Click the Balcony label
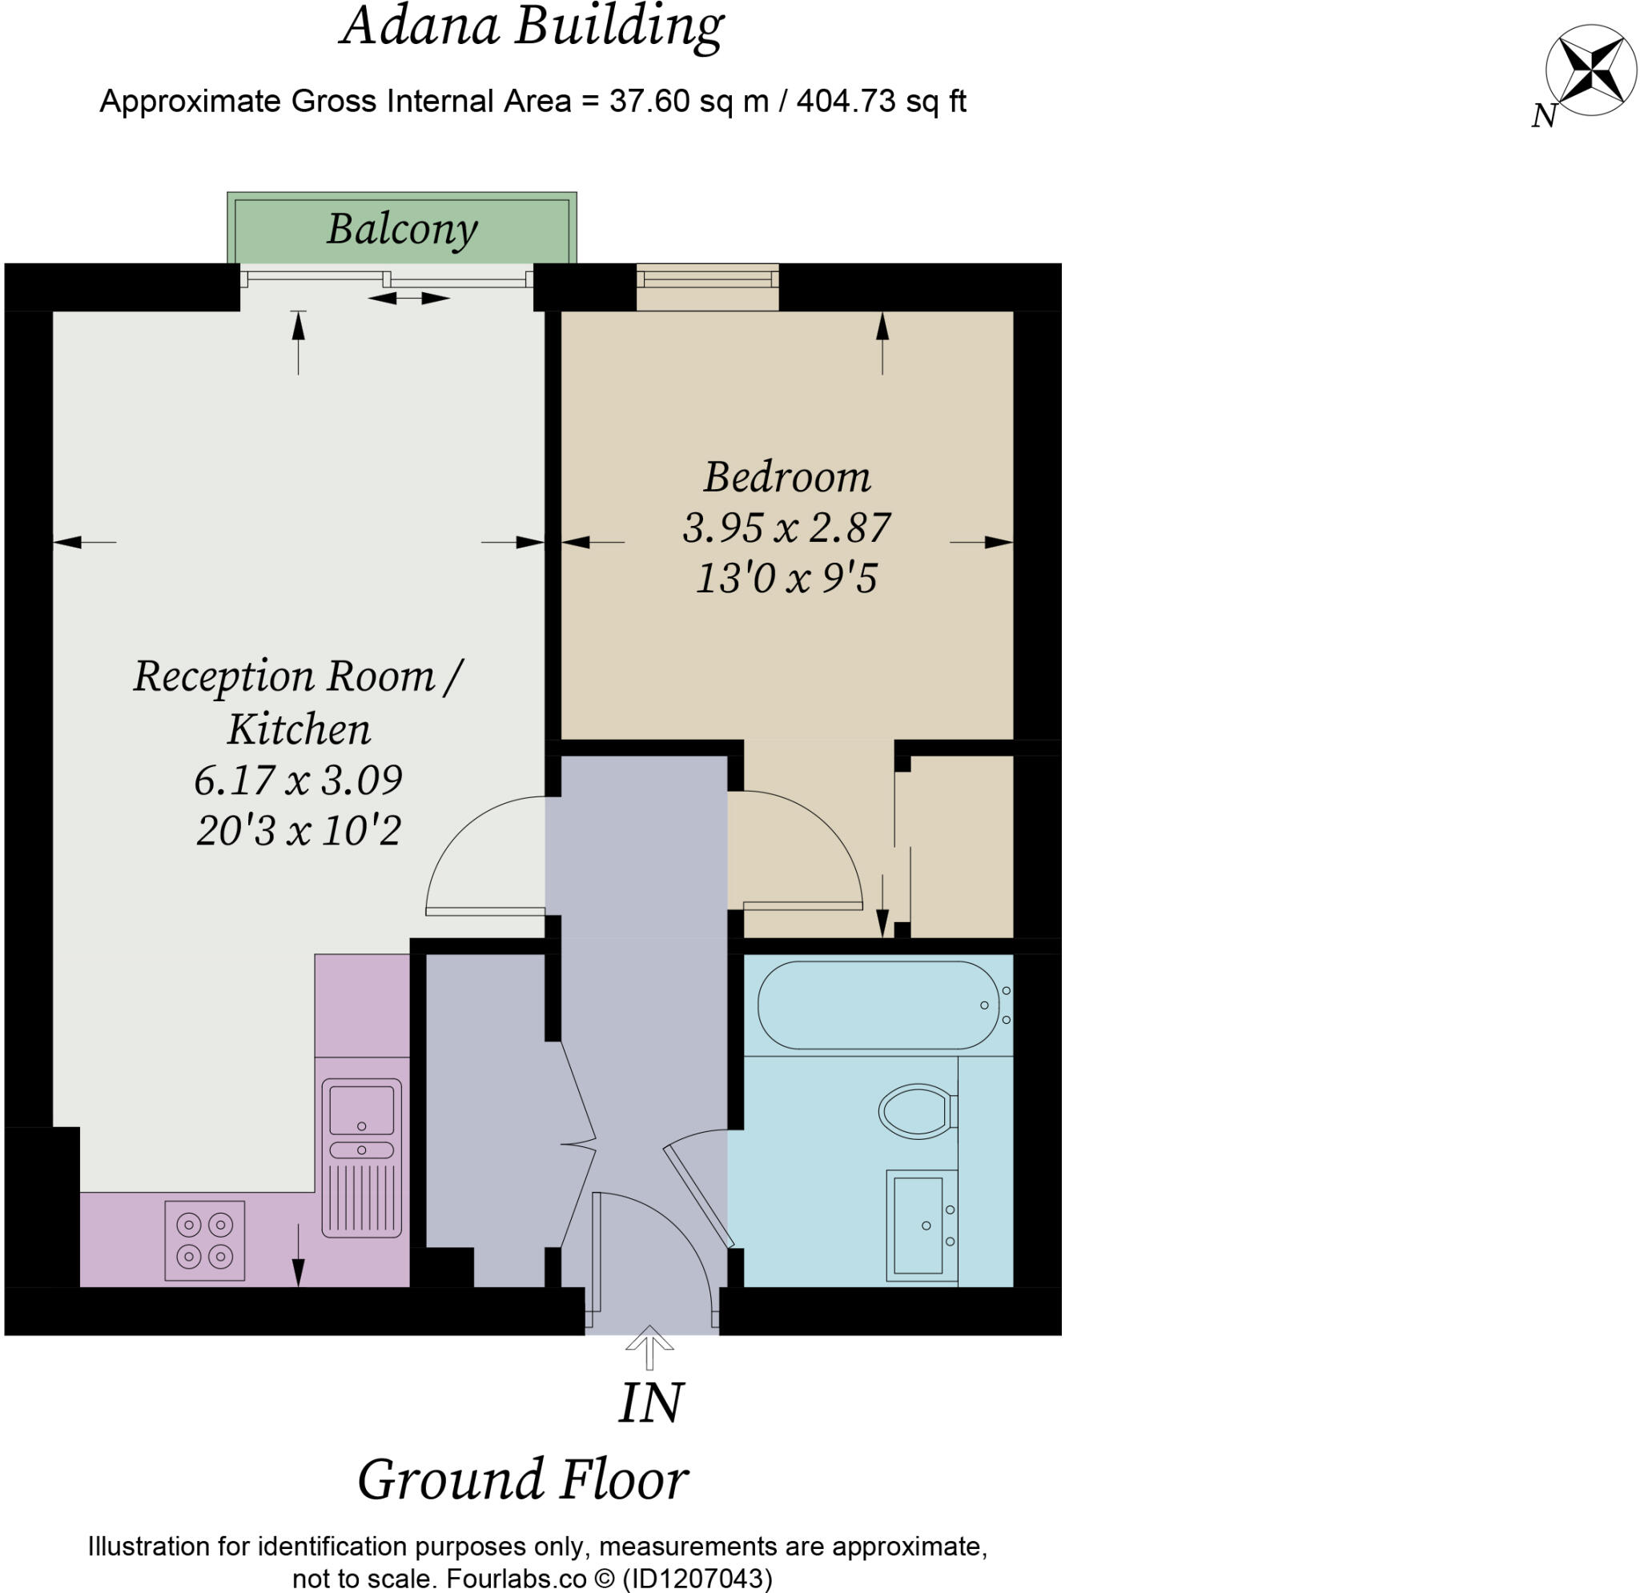point(402,228)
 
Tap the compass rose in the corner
point(1590,71)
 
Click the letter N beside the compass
point(1544,116)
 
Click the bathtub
point(878,1004)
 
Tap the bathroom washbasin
point(919,1225)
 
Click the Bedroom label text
point(786,477)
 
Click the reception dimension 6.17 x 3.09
point(298,780)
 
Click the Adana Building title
point(533,26)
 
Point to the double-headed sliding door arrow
point(409,298)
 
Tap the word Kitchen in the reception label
point(299,728)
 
